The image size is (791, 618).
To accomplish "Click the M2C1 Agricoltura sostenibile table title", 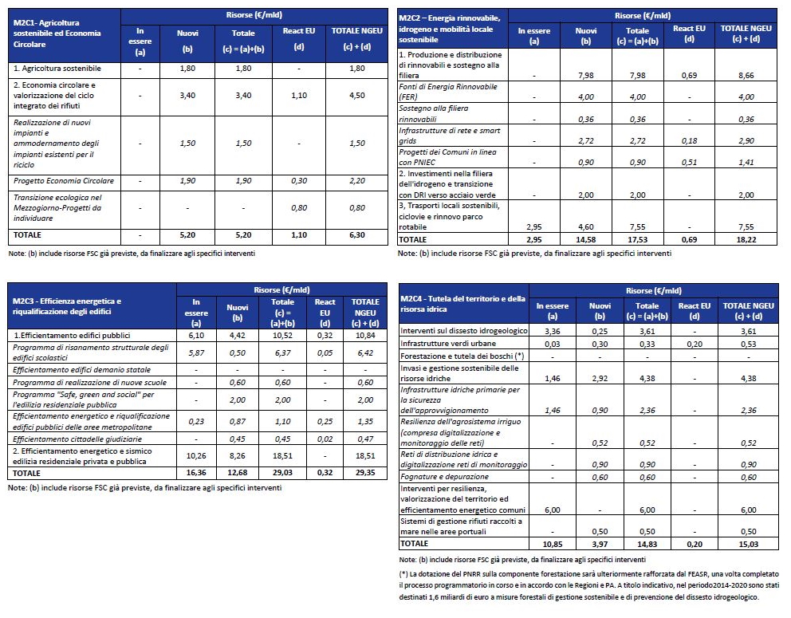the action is tap(57, 33).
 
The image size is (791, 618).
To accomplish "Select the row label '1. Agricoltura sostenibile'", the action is tap(57, 69).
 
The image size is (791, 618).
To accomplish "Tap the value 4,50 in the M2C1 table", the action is tap(356, 96).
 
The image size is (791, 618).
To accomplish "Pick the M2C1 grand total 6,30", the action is tap(356, 235).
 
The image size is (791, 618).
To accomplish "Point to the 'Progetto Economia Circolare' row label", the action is tap(64, 181).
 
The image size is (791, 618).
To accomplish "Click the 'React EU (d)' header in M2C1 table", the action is tap(299, 39).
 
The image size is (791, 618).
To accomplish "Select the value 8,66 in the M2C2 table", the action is tap(746, 76).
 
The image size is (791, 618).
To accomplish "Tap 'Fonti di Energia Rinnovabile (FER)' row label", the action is tap(448, 92).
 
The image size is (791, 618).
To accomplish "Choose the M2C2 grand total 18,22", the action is tap(746, 240).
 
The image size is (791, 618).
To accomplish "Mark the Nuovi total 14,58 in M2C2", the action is tap(586, 240).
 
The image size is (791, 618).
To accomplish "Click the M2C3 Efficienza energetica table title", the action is tap(67, 306).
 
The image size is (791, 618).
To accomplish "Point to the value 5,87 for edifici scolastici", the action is tap(196, 353).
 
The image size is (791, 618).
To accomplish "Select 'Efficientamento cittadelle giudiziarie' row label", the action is tap(77, 439).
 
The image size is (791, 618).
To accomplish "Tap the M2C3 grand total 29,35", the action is tap(365, 473).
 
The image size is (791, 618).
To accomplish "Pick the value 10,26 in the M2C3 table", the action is tap(196, 456).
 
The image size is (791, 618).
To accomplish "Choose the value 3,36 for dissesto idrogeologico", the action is tap(553, 332).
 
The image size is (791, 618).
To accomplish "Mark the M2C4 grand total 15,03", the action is tap(748, 544).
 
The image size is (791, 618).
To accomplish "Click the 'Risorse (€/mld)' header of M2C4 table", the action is tap(653, 290).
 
